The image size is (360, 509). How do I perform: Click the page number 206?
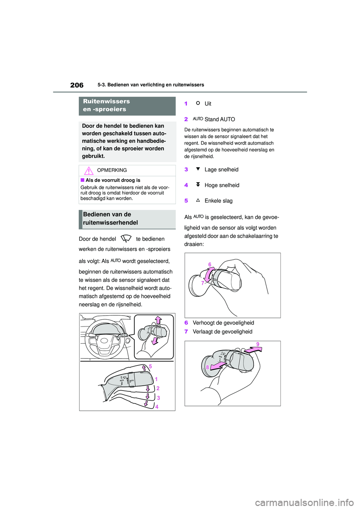pyautogui.click(x=77, y=85)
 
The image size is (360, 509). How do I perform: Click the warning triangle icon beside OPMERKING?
pyautogui.click(x=89, y=171)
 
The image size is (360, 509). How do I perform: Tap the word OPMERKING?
pyautogui.click(x=112, y=170)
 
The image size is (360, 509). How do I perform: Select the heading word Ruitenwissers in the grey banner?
pyautogui.click(x=106, y=101)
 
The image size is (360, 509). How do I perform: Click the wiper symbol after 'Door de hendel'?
pyautogui.click(x=126, y=238)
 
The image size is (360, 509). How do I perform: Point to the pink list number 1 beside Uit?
pyautogui.click(x=186, y=104)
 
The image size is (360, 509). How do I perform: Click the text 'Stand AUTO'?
pyautogui.click(x=220, y=119)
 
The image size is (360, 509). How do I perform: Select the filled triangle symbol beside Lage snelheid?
pyautogui.click(x=198, y=169)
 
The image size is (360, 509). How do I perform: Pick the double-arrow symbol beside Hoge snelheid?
pyautogui.click(x=198, y=184)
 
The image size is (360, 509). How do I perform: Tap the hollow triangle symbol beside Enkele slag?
pyautogui.click(x=198, y=200)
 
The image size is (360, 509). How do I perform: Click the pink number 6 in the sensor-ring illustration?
pyautogui.click(x=210, y=265)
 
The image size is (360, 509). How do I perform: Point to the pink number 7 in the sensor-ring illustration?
pyautogui.click(x=203, y=283)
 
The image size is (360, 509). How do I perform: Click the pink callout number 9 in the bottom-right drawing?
pyautogui.click(x=258, y=344)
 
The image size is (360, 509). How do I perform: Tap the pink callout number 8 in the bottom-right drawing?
pyautogui.click(x=207, y=367)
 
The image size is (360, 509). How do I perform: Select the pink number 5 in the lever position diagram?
pyautogui.click(x=150, y=366)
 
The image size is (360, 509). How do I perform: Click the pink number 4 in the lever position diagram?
pyautogui.click(x=157, y=407)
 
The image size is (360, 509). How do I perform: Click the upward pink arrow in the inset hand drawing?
pyautogui.click(x=158, y=320)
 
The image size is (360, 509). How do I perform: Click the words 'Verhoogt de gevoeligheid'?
pyautogui.click(x=223, y=323)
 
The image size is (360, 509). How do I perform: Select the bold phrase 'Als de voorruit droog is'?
pyautogui.click(x=113, y=180)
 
